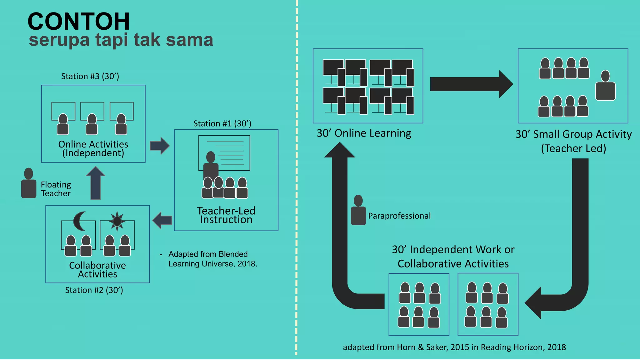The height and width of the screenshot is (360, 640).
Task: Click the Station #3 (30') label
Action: click(90, 76)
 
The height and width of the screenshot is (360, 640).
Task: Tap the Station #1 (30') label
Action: click(222, 123)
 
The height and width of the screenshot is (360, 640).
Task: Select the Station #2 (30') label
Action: click(94, 290)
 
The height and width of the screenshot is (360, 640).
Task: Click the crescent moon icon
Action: click(79, 221)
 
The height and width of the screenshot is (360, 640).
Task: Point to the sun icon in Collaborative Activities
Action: click(117, 221)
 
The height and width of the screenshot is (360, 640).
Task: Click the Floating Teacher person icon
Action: click(29, 184)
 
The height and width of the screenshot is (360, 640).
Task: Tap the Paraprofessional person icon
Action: click(358, 210)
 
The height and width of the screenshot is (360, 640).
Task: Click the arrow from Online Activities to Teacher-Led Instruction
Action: click(159, 146)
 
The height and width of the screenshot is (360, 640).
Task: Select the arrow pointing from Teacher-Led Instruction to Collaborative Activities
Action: click(162, 220)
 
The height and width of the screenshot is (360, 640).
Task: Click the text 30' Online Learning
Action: click(364, 133)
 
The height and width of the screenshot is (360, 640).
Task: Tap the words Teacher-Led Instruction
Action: click(226, 215)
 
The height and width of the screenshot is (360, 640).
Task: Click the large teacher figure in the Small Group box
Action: click(605, 86)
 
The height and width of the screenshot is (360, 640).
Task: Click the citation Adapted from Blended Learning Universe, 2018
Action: click(212, 259)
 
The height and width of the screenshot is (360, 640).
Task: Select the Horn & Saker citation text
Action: click(454, 347)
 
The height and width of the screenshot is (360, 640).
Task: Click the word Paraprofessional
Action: click(399, 216)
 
